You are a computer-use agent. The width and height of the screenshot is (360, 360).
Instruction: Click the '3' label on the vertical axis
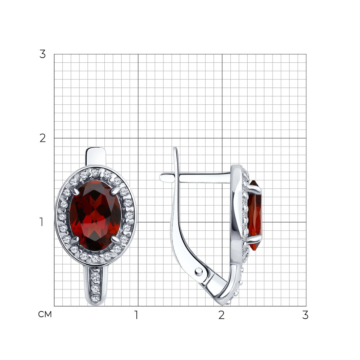[x=42, y=54]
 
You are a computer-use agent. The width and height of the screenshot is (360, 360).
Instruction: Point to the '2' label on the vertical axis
[x=42, y=138]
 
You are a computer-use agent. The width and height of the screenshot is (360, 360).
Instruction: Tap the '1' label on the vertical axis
[x=41, y=222]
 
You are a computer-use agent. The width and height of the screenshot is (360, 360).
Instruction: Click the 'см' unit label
[x=45, y=314]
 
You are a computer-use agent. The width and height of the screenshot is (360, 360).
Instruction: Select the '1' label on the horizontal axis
[x=136, y=315]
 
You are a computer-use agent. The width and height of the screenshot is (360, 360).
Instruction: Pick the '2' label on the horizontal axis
[x=221, y=315]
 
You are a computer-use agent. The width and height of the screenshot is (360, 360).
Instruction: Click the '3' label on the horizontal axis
[x=305, y=315]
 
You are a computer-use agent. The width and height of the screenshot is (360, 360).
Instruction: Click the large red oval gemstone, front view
[x=95, y=216]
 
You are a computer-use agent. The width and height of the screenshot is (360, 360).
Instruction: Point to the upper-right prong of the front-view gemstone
[x=116, y=191]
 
